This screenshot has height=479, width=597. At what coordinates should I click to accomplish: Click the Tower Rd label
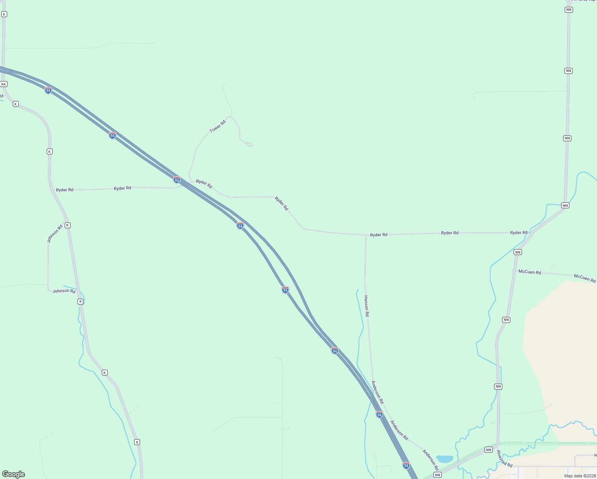(x=217, y=126)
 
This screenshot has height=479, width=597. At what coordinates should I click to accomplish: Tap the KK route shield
(x=4, y=84)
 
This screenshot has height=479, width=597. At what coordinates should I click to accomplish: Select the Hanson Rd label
(x=366, y=306)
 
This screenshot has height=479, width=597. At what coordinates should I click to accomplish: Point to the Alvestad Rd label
(x=504, y=459)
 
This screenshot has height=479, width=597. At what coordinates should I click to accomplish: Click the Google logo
(x=14, y=474)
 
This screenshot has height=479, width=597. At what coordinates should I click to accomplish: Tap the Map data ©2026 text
(x=580, y=476)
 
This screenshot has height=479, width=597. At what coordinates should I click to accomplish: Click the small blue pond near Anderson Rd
(x=445, y=459)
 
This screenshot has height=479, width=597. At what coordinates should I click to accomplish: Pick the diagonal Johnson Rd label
(x=55, y=234)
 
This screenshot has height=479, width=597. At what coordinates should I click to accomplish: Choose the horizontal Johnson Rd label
(x=64, y=291)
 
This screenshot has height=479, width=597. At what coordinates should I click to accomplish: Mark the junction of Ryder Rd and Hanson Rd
(x=366, y=235)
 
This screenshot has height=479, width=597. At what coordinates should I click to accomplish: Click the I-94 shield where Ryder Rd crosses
(x=177, y=180)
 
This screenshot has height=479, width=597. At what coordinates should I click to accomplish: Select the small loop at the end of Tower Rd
(x=248, y=144)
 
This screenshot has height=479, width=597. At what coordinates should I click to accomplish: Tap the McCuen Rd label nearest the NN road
(x=530, y=272)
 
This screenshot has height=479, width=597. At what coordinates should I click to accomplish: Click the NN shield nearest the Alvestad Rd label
(x=488, y=450)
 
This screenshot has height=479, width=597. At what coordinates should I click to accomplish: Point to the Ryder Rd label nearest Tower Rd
(x=204, y=184)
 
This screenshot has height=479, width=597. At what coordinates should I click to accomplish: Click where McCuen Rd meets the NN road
(x=516, y=271)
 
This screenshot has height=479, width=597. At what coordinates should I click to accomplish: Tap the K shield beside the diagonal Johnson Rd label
(x=67, y=226)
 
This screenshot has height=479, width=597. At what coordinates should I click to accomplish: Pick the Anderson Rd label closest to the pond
(x=431, y=460)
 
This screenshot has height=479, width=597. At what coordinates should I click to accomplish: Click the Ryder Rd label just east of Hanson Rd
(x=379, y=235)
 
